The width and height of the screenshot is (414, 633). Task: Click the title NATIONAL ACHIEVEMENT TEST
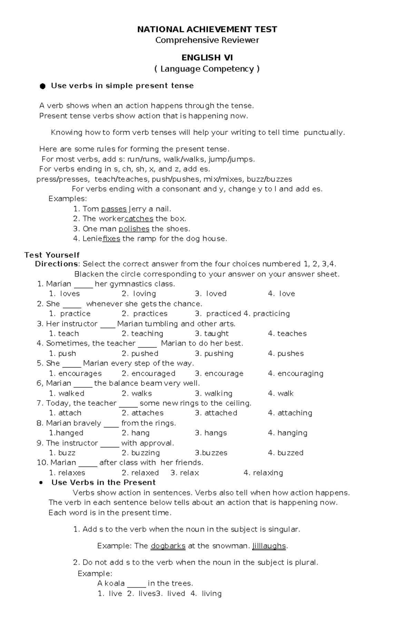point(207,29)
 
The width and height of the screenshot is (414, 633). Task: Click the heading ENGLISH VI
point(207,57)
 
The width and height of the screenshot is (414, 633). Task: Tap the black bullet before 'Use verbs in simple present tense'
point(43,86)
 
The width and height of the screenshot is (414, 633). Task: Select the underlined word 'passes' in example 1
point(114,209)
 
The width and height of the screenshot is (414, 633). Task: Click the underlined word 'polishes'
point(134,229)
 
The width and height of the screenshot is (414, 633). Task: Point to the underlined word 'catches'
point(139,219)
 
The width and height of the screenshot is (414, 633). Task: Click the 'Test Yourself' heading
point(52,255)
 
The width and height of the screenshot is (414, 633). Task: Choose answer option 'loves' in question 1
point(70,294)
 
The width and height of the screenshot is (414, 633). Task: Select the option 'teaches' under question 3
point(292,334)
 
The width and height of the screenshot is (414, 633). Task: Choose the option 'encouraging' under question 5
point(300,374)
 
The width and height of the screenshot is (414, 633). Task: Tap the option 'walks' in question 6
point(141,394)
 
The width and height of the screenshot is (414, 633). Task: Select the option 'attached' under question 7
point(220,413)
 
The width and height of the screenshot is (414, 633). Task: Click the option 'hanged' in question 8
point(69,433)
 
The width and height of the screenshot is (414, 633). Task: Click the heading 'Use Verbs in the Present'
point(103,483)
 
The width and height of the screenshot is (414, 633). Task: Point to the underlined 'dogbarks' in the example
point(168,546)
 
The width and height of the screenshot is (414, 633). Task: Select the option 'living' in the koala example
point(211,594)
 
